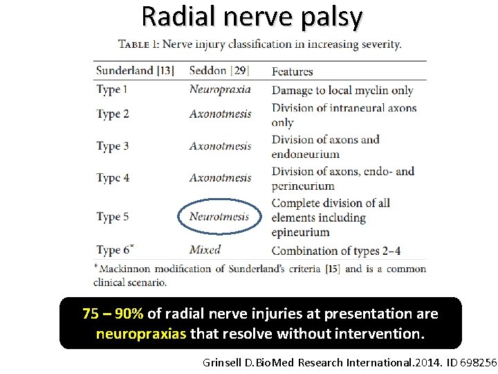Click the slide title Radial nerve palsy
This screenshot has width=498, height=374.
pos(251,17)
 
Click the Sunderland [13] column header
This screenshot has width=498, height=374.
pos(135,71)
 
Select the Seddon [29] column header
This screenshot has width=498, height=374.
pos(219,71)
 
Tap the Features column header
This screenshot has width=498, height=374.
pos(292,71)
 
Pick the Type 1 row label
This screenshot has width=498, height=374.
pos(112,89)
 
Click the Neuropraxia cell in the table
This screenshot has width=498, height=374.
pos(220,89)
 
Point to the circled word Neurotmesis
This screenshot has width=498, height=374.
pos(219,216)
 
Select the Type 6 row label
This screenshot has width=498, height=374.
pos(113,250)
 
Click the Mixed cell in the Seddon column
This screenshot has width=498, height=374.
pos(205,249)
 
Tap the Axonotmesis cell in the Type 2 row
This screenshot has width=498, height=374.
pos(220,114)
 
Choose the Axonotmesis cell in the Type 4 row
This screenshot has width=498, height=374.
pos(220,178)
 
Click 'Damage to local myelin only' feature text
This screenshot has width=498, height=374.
pos(342,90)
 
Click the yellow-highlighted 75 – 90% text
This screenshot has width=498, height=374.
pos(113,314)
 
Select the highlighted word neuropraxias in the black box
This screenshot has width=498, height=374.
pos(141,334)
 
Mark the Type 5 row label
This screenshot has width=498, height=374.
pos(113,217)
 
